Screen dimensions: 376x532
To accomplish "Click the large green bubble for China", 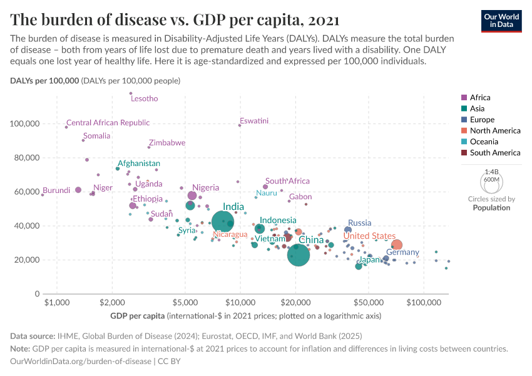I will click(301, 255).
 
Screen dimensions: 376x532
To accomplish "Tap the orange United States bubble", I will click(396, 245).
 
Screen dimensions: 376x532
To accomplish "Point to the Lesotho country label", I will click(144, 98).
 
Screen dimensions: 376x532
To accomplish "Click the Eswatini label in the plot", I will click(254, 120).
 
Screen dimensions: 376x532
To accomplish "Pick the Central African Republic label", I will click(108, 123).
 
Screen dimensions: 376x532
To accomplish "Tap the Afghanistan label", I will click(139, 164).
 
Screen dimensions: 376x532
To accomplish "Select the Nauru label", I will click(267, 192).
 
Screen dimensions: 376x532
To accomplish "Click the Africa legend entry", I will click(480, 97).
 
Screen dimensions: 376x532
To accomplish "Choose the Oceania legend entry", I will click(482, 142).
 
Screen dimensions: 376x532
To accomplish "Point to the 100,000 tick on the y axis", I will click(25, 124).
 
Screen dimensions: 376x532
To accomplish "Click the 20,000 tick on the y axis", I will click(27, 260).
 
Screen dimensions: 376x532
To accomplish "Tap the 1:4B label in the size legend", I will click(491, 171).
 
